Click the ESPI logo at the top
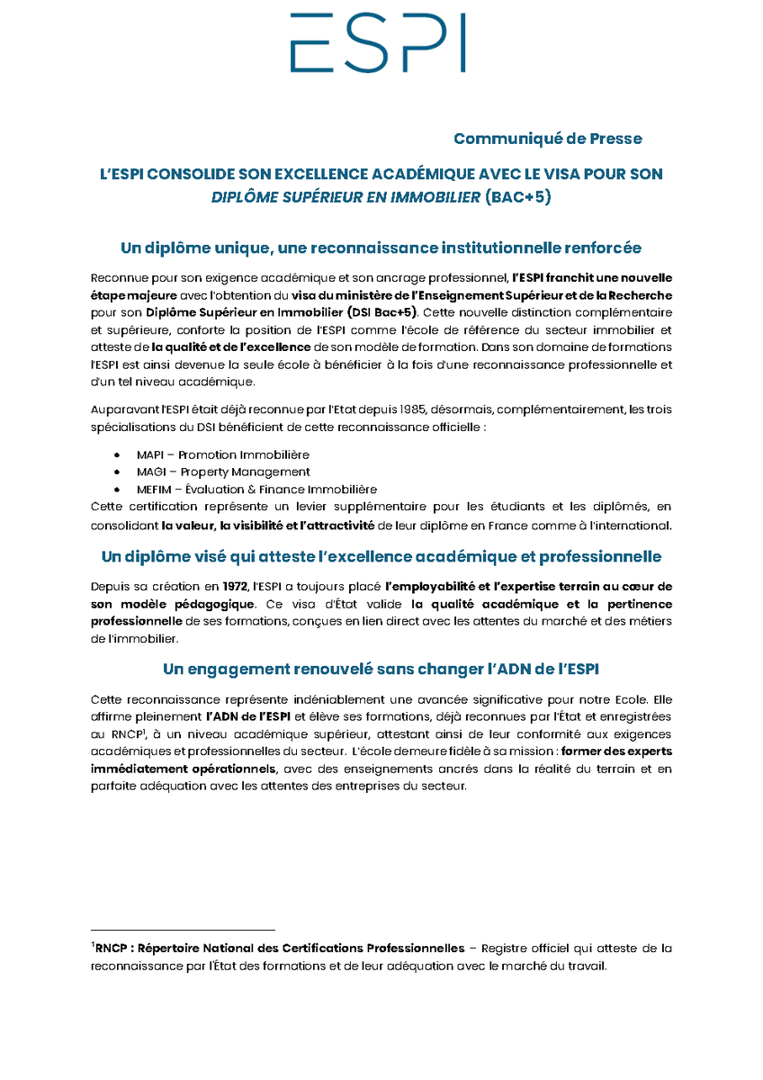378,42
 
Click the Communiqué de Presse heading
547,139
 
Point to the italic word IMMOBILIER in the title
436,196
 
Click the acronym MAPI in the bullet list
148,455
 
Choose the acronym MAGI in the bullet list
149,472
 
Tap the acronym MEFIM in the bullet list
154,490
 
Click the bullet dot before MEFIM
118,490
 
